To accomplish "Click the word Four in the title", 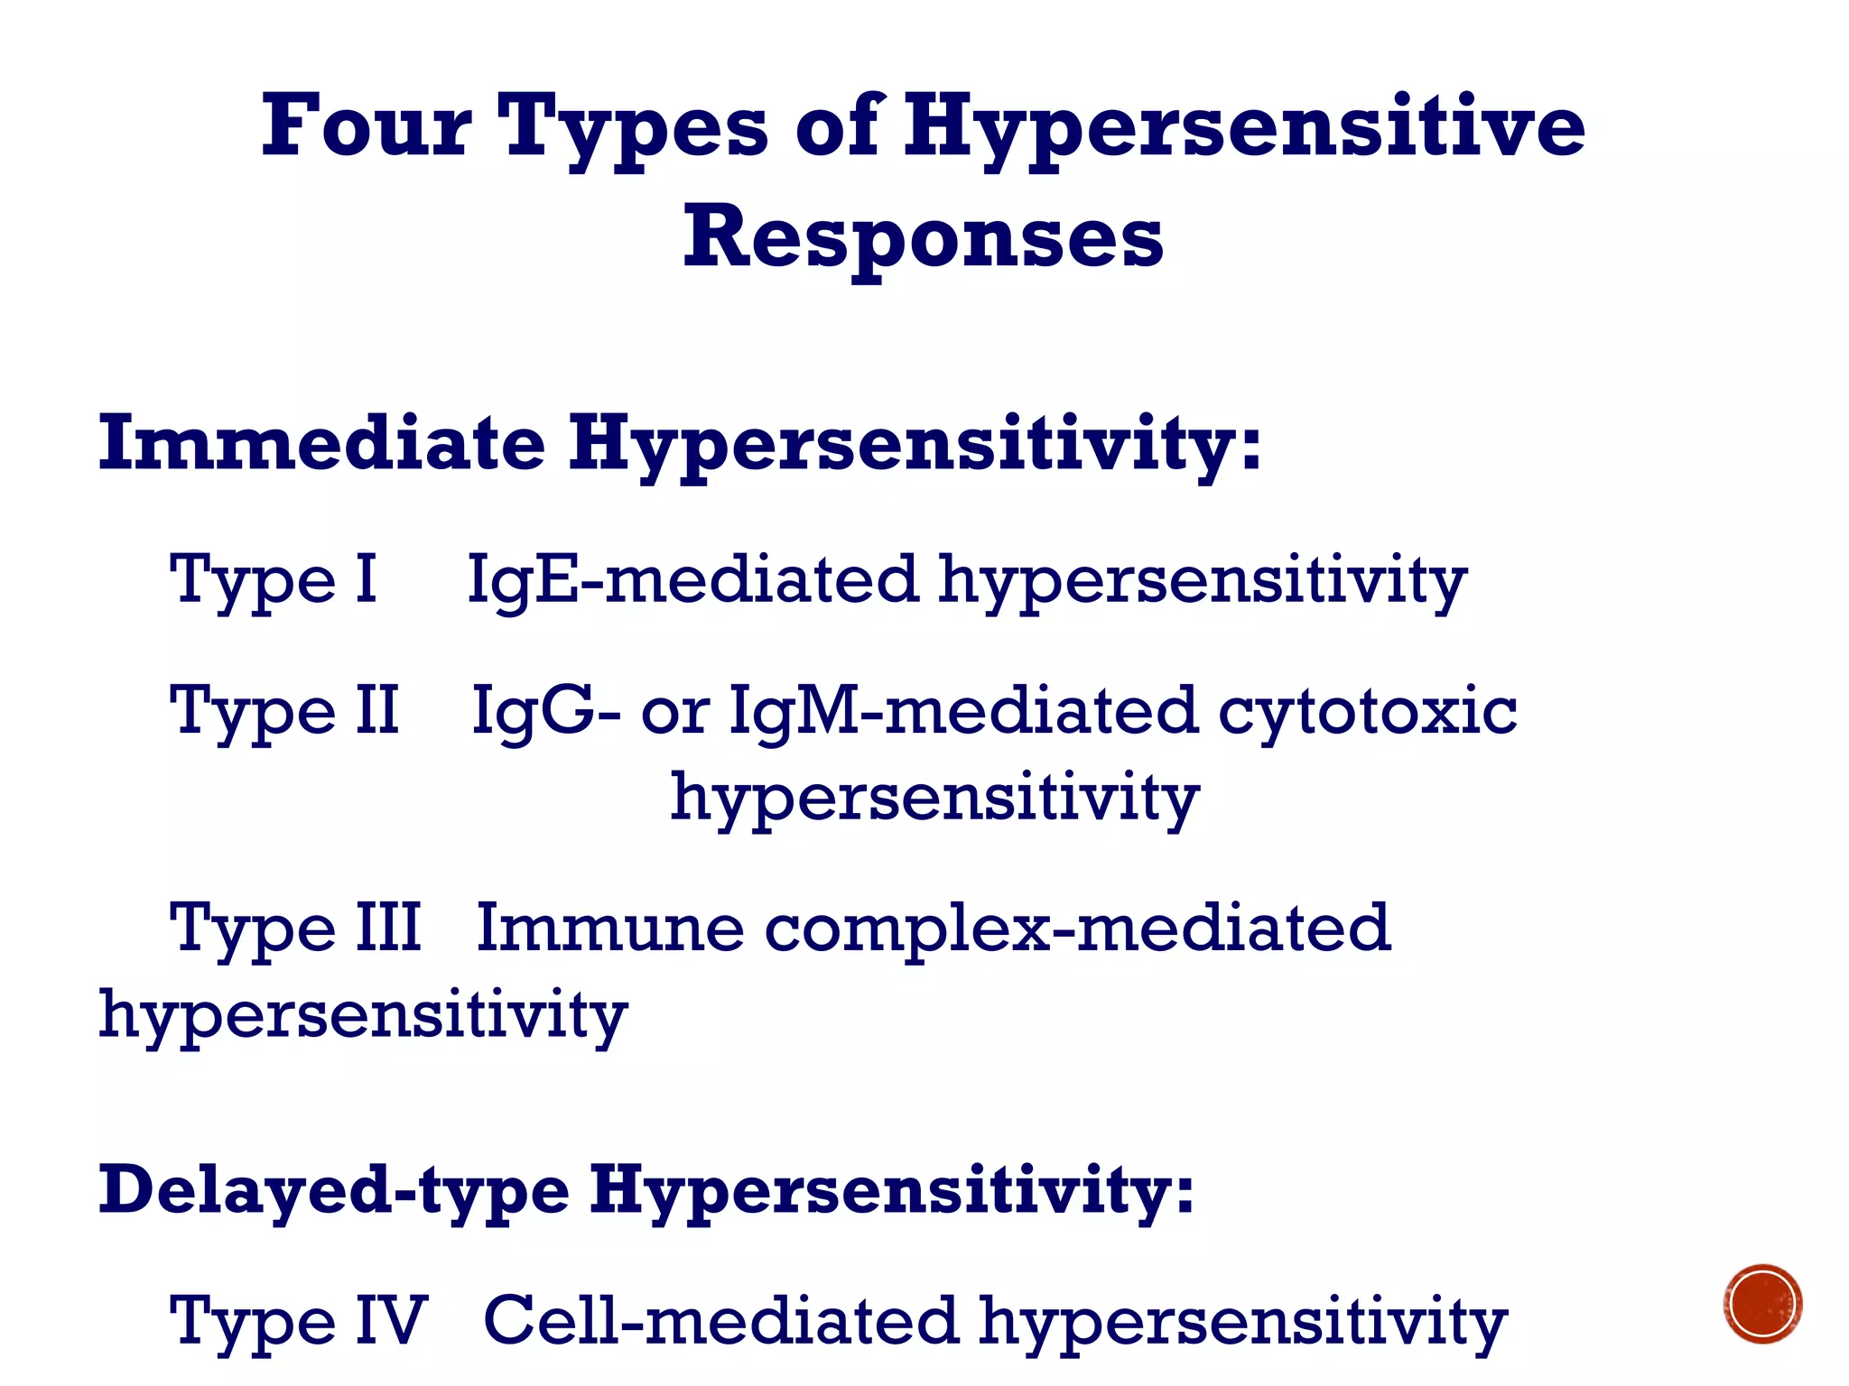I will click(x=366, y=126).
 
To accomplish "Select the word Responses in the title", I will click(x=923, y=237).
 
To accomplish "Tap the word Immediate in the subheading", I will click(x=321, y=443).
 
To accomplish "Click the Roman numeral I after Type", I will click(x=366, y=578).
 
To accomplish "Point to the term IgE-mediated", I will click(x=692, y=580).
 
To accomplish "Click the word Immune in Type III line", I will click(x=609, y=928).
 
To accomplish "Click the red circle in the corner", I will click(x=1762, y=1304).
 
